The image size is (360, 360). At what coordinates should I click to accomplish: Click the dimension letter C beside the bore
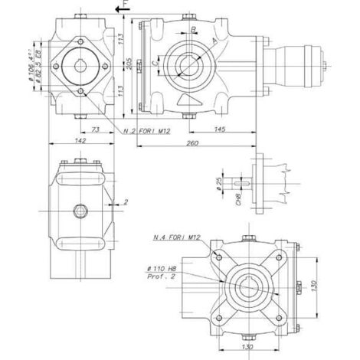pyautogui.click(x=157, y=64)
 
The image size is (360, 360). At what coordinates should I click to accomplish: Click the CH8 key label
pyautogui.click(x=238, y=201)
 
